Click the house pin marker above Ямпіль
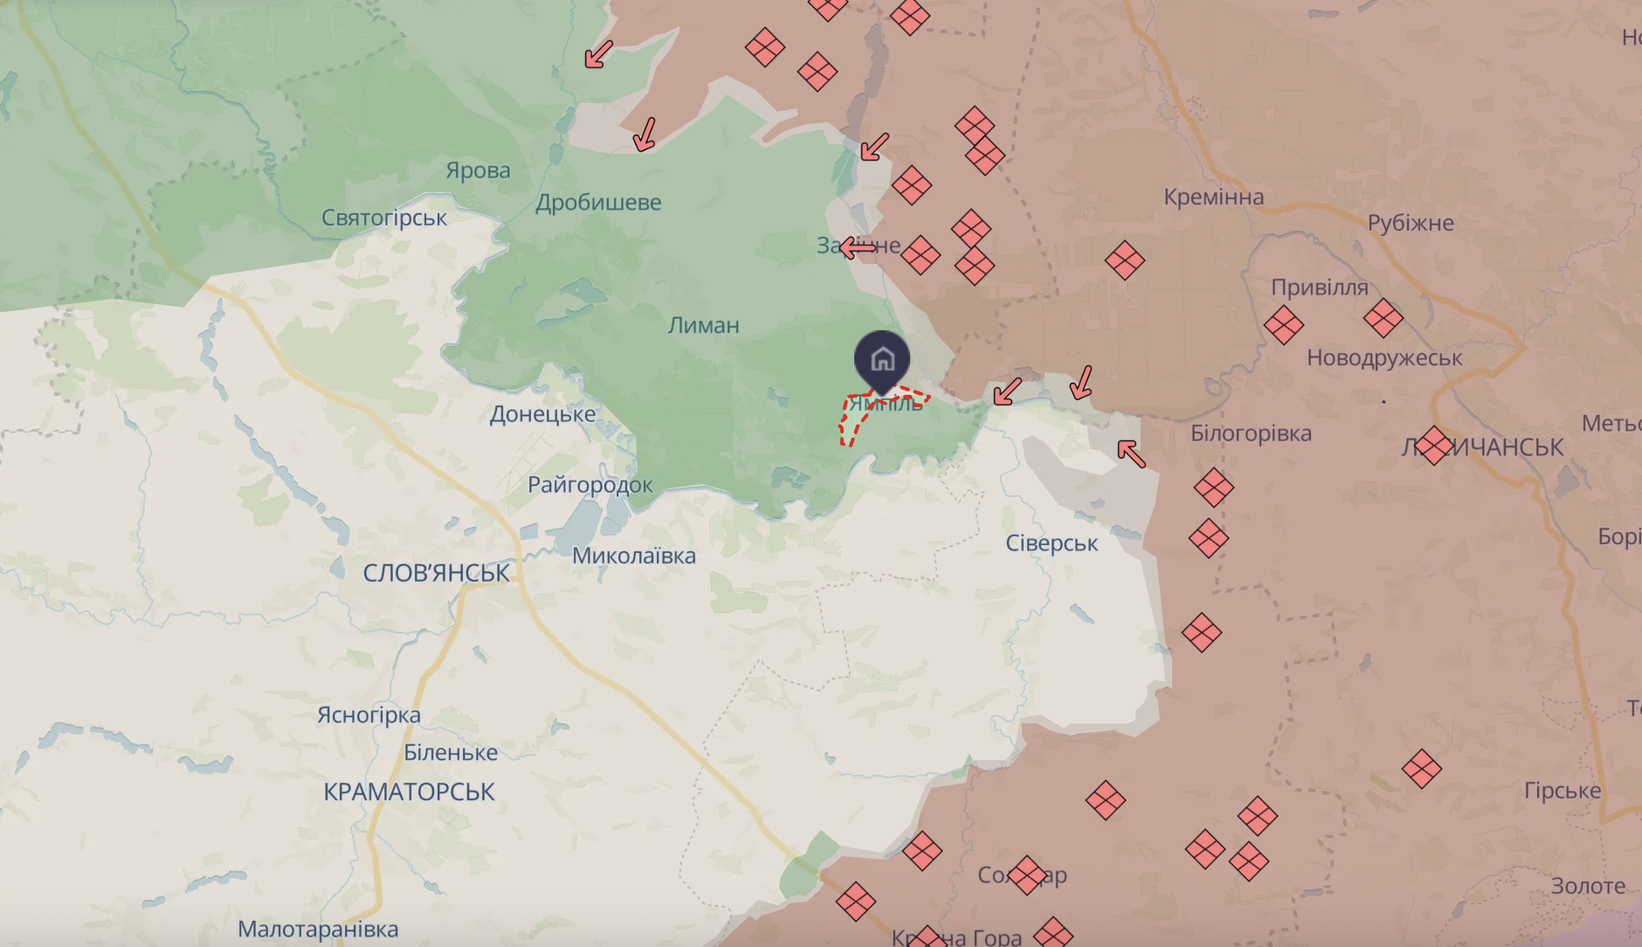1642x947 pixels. tap(882, 358)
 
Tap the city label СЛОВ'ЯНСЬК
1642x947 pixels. tap(436, 573)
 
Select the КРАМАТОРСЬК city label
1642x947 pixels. tap(409, 791)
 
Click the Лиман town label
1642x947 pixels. tap(703, 326)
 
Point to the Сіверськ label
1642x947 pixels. tap(1052, 543)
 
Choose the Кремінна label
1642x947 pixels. tap(1213, 197)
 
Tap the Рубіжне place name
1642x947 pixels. tap(1411, 224)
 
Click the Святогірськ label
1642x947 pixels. tap(383, 218)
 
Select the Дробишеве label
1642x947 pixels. tap(598, 203)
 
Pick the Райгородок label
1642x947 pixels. tap(590, 485)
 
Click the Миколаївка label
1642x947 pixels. tap(633, 556)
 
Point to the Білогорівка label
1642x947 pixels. tap(1251, 433)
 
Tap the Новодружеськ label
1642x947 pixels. tap(1383, 358)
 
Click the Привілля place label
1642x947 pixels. tap(1319, 287)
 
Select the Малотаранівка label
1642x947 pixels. tap(318, 929)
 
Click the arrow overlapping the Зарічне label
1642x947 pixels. tap(858, 248)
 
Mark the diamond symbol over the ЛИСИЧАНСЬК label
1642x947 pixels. tap(1433, 446)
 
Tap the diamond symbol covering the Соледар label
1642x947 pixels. tap(1026, 874)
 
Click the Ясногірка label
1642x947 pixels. tap(369, 715)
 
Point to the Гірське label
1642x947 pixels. tap(1562, 791)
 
